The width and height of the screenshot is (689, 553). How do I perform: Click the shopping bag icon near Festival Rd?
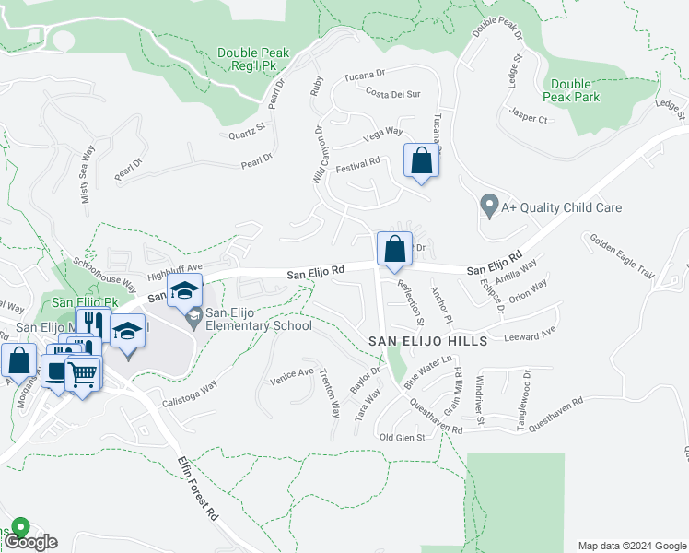point(421,160)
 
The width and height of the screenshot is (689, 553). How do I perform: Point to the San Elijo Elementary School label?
point(245,319)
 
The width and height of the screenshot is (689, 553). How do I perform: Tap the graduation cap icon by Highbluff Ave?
point(184,289)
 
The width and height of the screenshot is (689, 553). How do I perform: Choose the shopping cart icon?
point(83,376)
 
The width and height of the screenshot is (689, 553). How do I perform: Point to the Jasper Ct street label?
point(529,118)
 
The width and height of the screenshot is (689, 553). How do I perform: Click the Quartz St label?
point(247,131)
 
